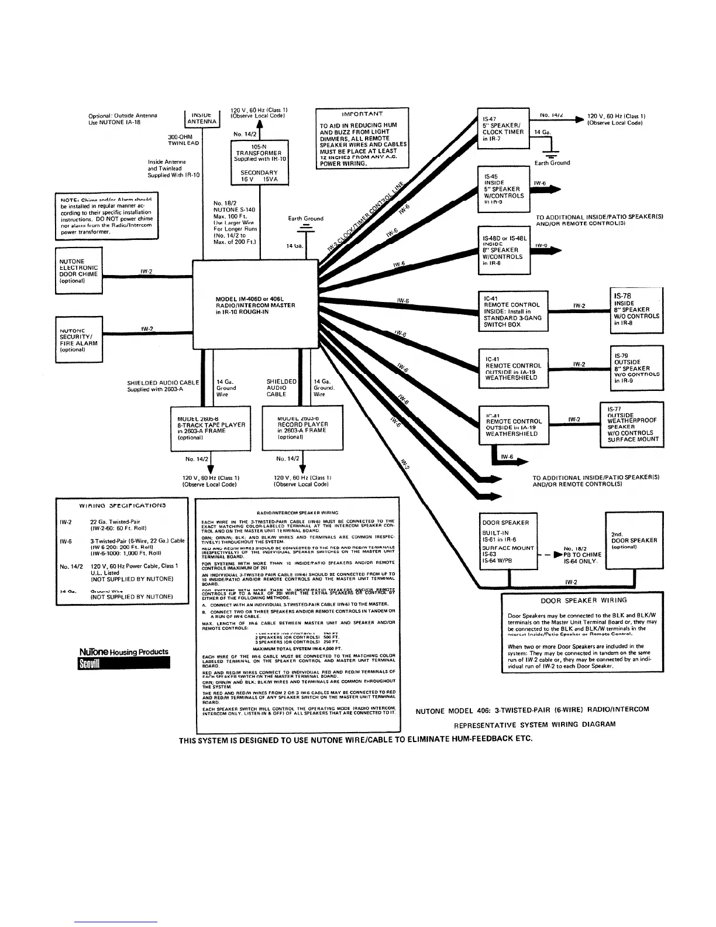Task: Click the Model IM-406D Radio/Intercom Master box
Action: click(x=256, y=304)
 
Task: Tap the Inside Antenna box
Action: click(x=201, y=118)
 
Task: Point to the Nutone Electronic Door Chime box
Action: click(x=78, y=270)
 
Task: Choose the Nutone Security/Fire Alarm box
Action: click(x=78, y=339)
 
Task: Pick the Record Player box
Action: click(x=302, y=430)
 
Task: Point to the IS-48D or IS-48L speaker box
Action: click(x=503, y=250)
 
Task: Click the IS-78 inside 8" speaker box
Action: click(x=636, y=310)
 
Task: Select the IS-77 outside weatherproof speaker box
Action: click(x=632, y=425)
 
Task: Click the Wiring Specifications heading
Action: click(x=122, y=504)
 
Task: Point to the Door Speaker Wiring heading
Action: click(x=583, y=600)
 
